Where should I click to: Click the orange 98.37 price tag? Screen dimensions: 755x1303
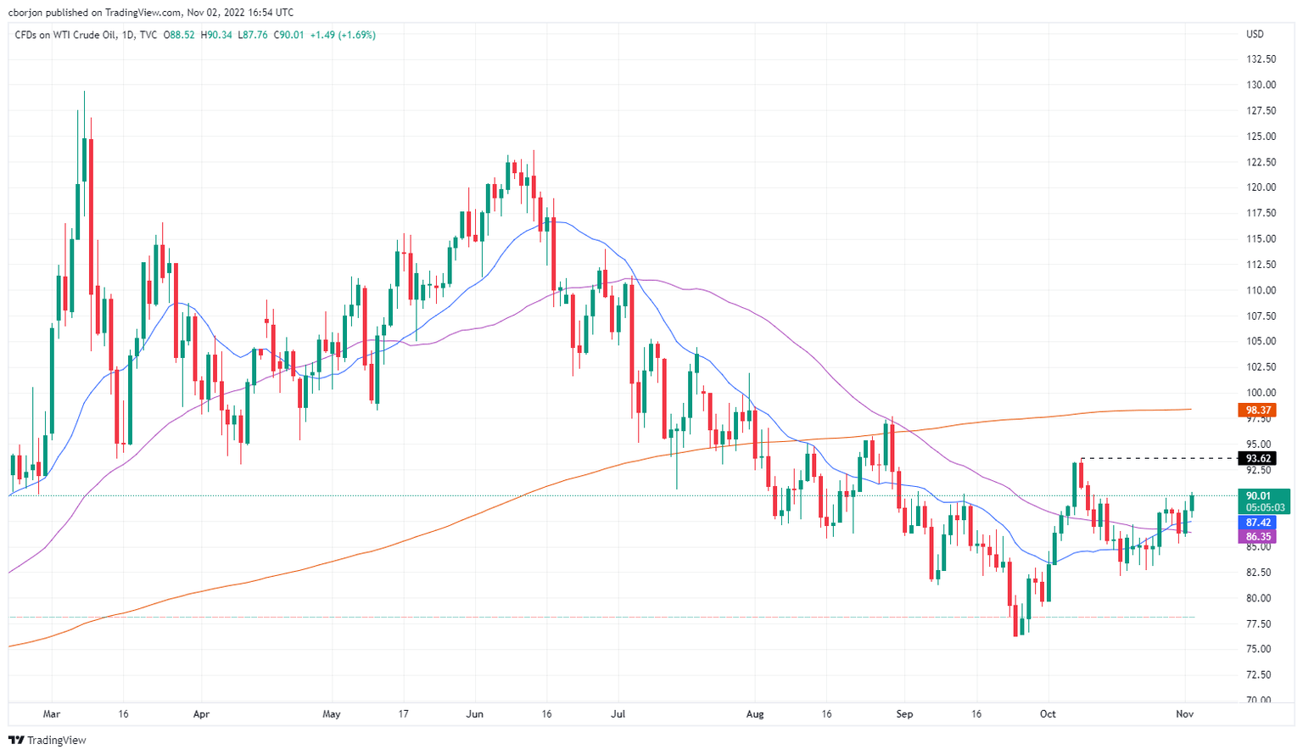point(1259,411)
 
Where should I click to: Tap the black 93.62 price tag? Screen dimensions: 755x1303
point(1259,459)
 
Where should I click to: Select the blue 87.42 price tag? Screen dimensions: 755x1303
point(1259,523)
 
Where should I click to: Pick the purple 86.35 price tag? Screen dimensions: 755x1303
point(1259,537)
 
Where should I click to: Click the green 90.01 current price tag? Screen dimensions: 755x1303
point(1259,496)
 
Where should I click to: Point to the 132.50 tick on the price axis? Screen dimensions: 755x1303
point(1261,59)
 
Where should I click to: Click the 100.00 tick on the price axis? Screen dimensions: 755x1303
point(1261,393)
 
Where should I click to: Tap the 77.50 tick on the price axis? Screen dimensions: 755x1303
point(1260,624)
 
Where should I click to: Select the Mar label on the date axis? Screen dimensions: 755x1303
point(52,714)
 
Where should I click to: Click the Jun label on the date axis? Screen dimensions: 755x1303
point(474,714)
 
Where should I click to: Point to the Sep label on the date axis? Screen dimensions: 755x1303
point(905,714)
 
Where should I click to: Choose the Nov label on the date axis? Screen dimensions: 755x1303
point(1185,714)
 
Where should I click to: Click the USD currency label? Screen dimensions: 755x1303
point(1255,35)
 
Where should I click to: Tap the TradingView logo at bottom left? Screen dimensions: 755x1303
point(48,741)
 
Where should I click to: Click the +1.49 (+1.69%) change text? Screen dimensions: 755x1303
point(343,35)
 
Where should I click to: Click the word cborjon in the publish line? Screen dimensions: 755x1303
point(26,12)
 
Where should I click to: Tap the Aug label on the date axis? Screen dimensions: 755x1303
point(755,714)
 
